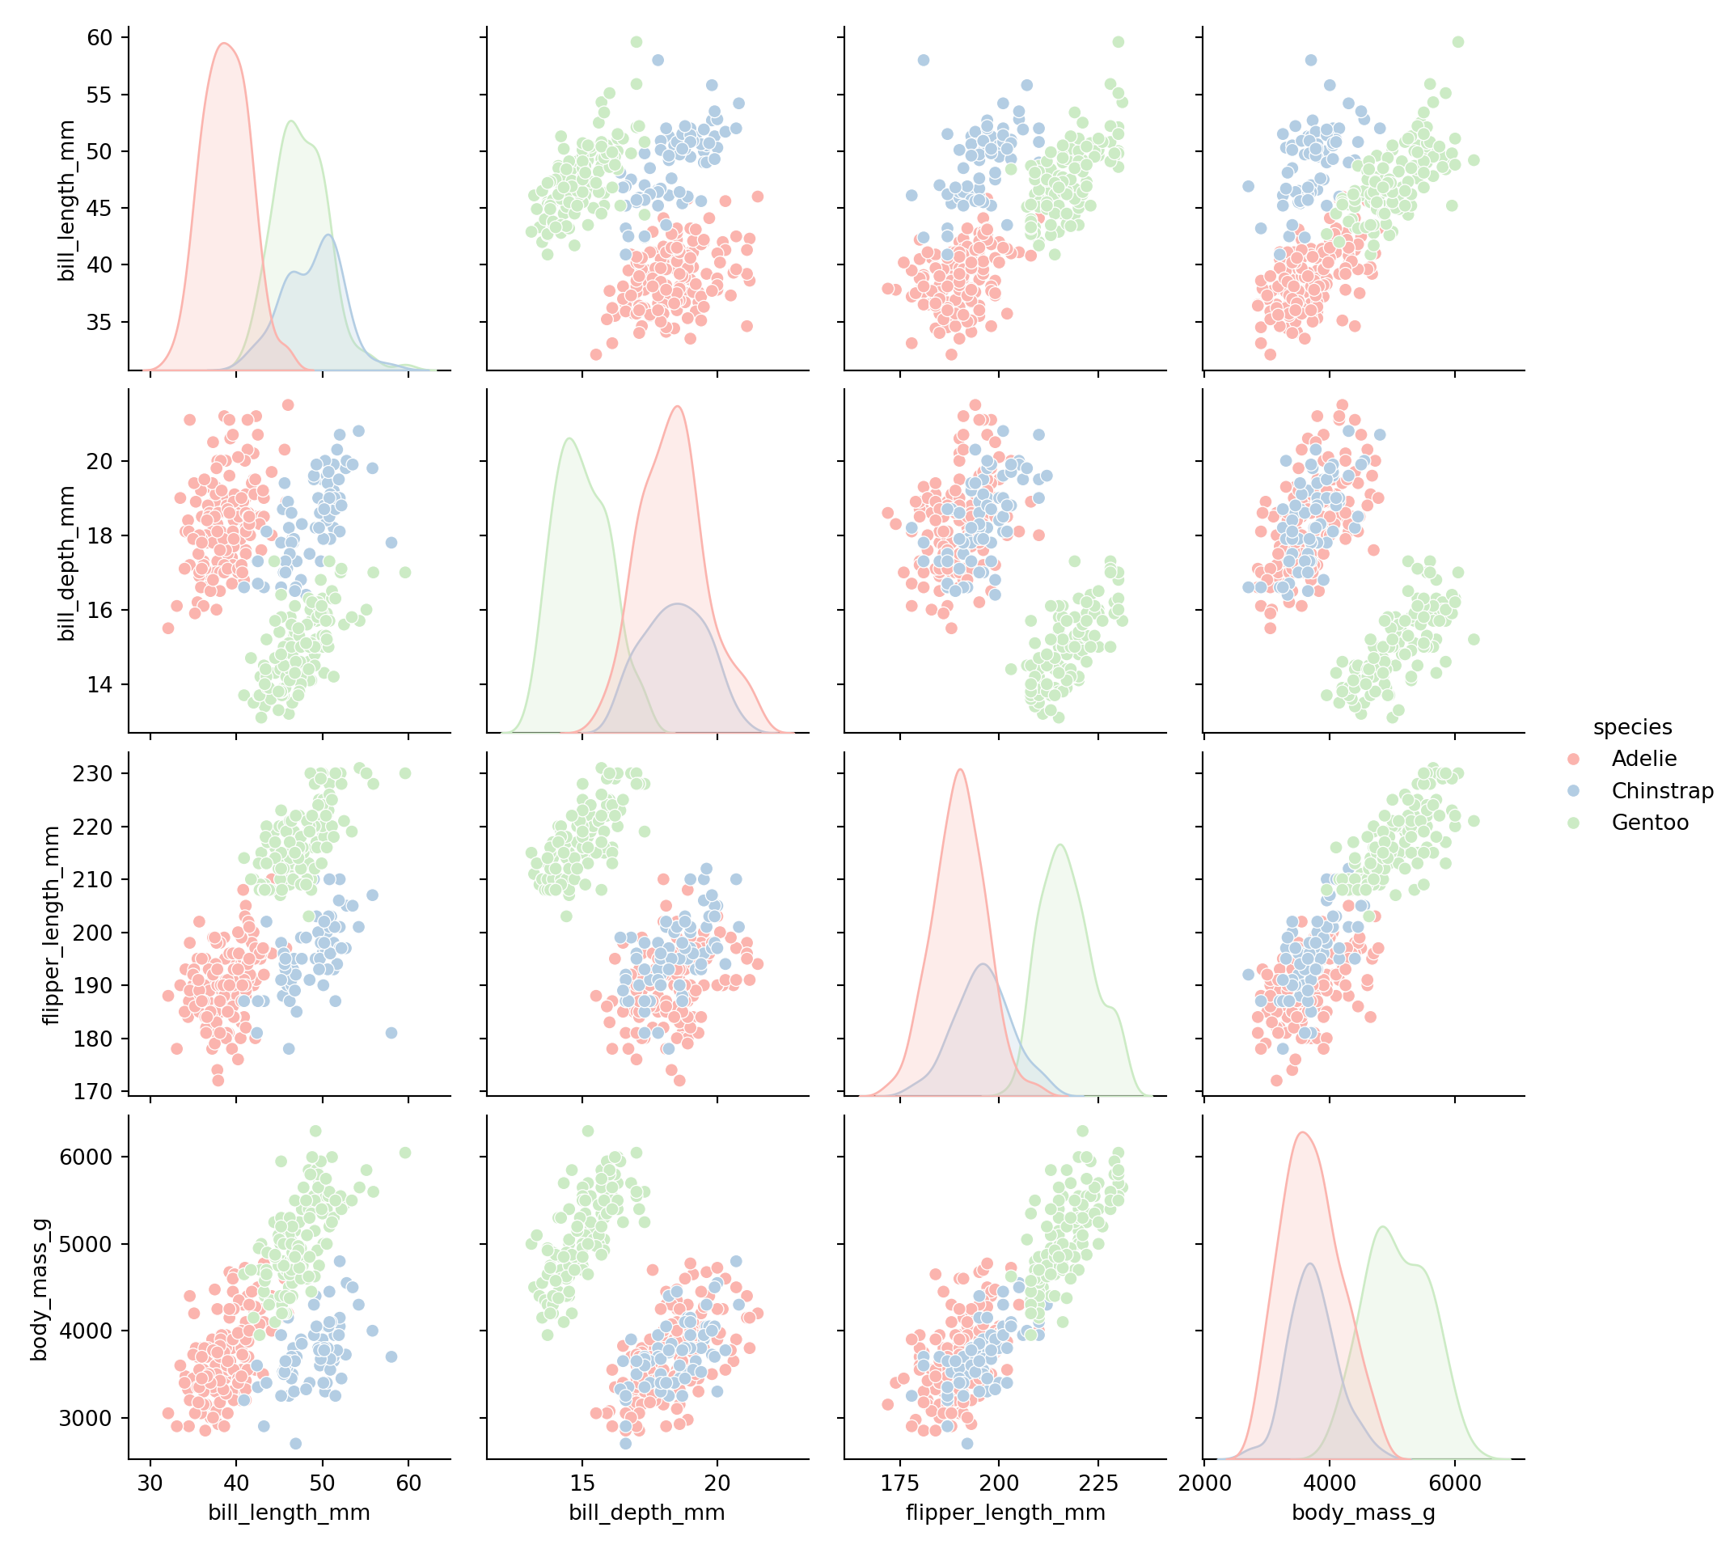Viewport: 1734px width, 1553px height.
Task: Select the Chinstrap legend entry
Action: tap(1661, 791)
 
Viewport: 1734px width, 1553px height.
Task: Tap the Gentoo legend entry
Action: tap(1650, 823)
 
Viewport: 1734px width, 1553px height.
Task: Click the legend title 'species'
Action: tap(1631, 727)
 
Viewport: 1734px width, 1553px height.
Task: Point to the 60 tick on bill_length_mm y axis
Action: tap(99, 37)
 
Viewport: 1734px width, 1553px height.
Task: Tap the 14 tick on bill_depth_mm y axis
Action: tap(99, 684)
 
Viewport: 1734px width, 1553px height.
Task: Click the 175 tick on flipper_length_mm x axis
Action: tap(900, 1483)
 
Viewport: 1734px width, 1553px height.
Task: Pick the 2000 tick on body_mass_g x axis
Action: tap(1204, 1483)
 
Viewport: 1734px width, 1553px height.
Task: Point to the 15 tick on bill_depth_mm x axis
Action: tap(583, 1483)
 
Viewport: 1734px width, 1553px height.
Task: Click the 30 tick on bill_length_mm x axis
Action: tap(151, 1483)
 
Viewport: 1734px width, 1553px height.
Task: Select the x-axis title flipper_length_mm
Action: tap(1005, 1513)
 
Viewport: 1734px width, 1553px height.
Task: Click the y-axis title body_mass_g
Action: tap(40, 1289)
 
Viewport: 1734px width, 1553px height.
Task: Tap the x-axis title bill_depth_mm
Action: tap(647, 1513)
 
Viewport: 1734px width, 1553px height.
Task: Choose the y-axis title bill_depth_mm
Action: tap(66, 563)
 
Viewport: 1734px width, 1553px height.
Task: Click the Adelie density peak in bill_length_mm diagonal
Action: tap(224, 44)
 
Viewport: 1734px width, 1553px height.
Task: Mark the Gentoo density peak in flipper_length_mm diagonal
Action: tap(1059, 844)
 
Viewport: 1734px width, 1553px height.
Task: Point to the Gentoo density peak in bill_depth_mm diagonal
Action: tap(569, 439)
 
